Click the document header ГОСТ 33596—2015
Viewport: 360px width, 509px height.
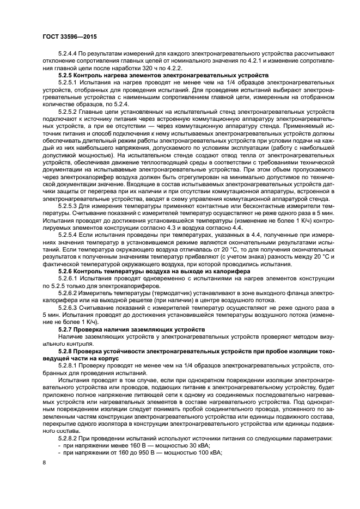point(65,38)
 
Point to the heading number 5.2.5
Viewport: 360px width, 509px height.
point(66,75)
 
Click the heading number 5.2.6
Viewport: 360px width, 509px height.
point(66,271)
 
